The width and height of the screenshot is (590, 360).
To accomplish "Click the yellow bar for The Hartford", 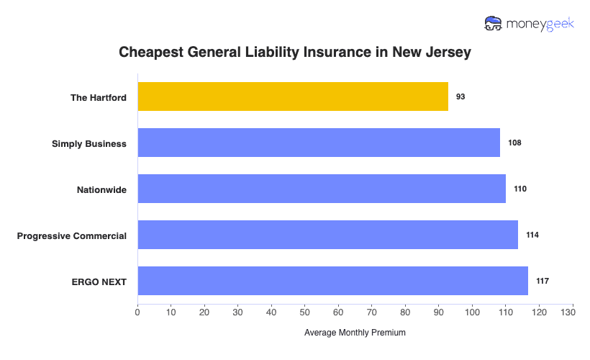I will [293, 96].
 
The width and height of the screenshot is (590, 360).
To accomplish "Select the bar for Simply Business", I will [319, 143].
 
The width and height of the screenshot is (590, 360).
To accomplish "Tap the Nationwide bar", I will [322, 189].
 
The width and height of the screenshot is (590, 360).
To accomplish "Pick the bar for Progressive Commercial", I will [327, 235].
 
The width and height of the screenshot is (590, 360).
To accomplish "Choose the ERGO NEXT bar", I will [332, 281].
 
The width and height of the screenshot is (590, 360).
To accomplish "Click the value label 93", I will [460, 96].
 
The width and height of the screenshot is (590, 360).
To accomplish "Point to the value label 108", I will [514, 143].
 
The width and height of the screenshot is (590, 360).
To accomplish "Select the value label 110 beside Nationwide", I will [520, 189].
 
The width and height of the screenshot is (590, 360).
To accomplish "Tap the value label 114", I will [532, 235].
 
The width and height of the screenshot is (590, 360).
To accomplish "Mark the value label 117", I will [543, 281].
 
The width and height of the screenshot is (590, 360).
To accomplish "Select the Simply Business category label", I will [89, 143].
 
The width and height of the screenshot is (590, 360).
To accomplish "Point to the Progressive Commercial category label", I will [72, 235].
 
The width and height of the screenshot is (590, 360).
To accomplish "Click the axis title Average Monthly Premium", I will [355, 333].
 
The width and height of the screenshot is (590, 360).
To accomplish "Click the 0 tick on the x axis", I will [137, 312].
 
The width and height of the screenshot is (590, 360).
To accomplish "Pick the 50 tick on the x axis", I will [305, 312].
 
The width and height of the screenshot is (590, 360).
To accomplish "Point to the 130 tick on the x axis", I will [573, 312].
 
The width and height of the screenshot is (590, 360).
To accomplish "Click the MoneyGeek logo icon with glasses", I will [494, 24].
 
